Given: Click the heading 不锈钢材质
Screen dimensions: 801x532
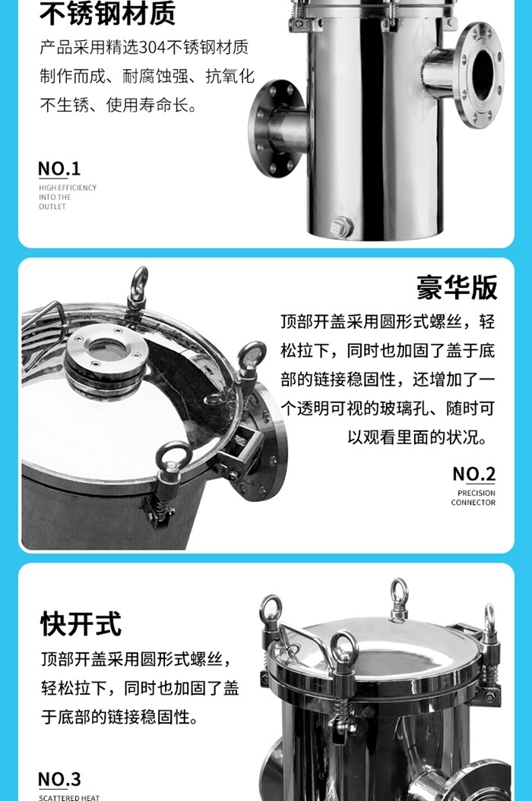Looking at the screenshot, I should [x=107, y=14].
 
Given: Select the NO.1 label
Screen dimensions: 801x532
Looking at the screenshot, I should [x=59, y=169].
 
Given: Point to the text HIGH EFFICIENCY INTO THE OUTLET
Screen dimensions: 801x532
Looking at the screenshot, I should [x=68, y=197].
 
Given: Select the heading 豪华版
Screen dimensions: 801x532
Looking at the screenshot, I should [x=457, y=289].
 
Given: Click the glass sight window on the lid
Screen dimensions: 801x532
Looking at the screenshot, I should [x=106, y=348].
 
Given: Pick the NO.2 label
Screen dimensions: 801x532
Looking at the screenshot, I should [x=473, y=475].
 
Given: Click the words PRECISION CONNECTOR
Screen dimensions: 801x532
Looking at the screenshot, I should [x=473, y=498].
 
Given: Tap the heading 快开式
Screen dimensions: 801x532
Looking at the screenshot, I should [x=81, y=624].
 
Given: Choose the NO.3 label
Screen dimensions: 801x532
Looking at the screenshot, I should [x=59, y=779].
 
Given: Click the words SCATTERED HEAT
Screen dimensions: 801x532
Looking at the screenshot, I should [x=69, y=796].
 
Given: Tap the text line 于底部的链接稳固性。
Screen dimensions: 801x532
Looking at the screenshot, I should [x=119, y=717].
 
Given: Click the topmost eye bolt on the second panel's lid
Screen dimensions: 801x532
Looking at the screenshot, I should [x=138, y=285].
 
